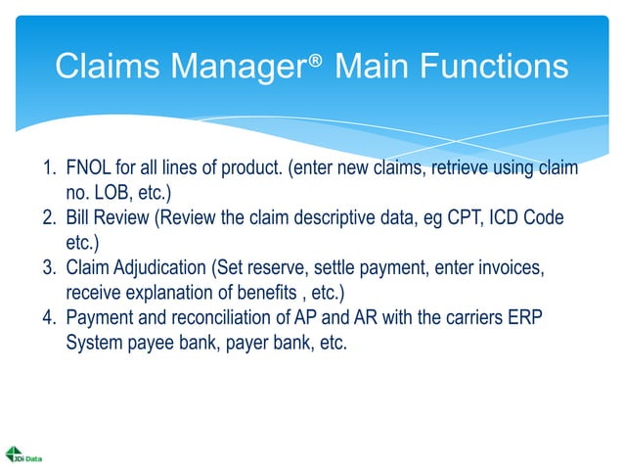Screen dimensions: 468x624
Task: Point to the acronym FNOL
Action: click(89, 168)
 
